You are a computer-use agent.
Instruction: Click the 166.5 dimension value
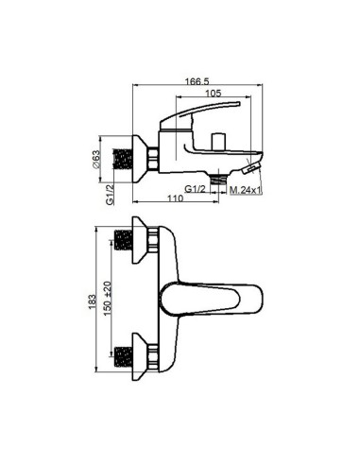coord(197,81)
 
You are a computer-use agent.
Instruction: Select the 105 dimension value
coord(214,94)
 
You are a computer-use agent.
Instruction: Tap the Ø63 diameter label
coord(96,160)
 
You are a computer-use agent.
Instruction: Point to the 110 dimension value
coord(175,198)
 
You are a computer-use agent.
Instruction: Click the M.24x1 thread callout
coord(246,190)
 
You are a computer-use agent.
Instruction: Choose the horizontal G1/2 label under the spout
coord(195,189)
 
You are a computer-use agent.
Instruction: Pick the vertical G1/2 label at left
coord(110,195)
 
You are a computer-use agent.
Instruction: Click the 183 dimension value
coord(93,301)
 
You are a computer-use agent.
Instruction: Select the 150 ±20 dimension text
coord(108,299)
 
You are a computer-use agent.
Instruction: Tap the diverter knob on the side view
coord(218,142)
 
